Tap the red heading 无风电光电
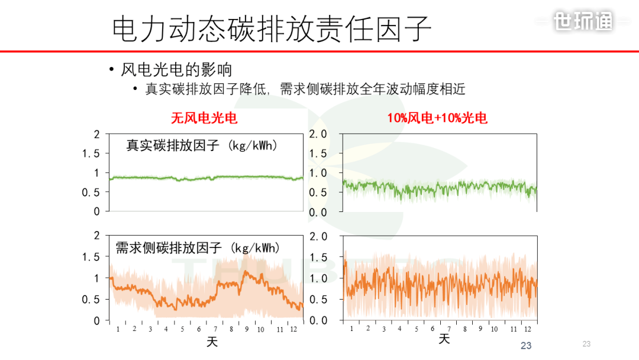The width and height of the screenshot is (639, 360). coord(204,118)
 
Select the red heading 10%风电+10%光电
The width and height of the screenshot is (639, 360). coord(437,118)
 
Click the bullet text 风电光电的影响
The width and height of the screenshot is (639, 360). coord(176,70)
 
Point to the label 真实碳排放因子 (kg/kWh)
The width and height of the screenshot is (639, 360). coord(202,146)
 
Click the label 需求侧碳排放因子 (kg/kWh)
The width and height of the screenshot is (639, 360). coord(198,247)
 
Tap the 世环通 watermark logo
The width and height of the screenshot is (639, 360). coord(583,21)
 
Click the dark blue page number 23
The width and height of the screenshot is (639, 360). coord(526,346)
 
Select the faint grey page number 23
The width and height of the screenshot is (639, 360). coord(586,343)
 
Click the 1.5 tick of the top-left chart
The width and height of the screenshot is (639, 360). coord(91,153)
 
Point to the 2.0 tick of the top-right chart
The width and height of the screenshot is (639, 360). coord(318,134)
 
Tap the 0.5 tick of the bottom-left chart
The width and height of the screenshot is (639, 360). coord(91,299)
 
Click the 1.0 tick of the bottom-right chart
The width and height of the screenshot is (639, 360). coord(318,278)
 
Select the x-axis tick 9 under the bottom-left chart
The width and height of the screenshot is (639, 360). coord(247,329)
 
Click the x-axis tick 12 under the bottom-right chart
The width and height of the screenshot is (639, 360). coord(528,329)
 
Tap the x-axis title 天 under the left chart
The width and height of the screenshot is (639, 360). coord(212,342)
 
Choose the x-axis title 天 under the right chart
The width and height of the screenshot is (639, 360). coord(444,339)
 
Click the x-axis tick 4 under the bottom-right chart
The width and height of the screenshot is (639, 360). coord(400,329)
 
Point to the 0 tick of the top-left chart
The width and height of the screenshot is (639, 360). coord(96,211)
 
